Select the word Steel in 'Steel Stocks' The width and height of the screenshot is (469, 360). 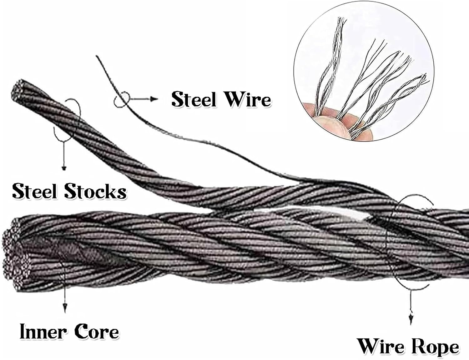[35, 191]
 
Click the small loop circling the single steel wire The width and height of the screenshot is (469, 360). [121, 100]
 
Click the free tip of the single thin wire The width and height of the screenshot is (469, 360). [98, 57]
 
